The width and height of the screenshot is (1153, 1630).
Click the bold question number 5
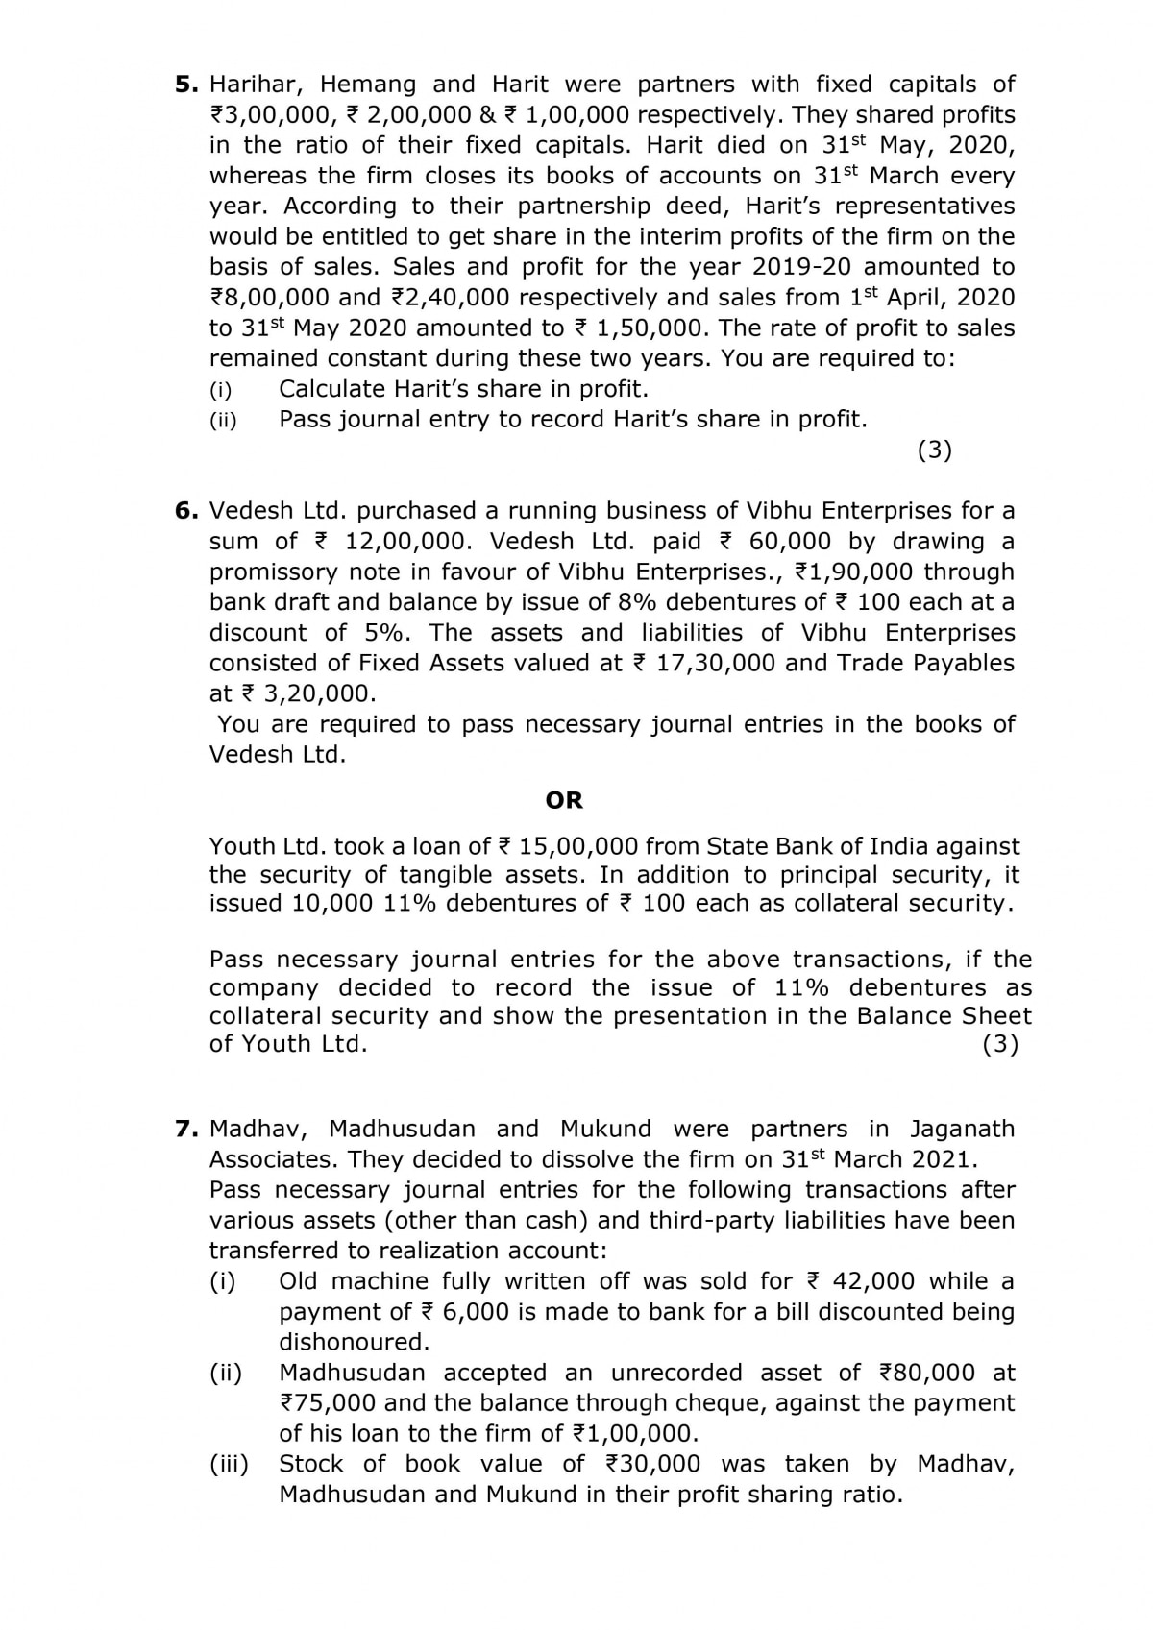[185, 85]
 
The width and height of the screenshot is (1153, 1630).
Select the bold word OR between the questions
[564, 800]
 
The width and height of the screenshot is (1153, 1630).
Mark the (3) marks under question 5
[935, 450]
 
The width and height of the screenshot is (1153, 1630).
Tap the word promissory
[272, 572]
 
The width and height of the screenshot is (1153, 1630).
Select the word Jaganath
[962, 1129]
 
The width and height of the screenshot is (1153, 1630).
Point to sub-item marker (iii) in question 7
[229, 1464]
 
